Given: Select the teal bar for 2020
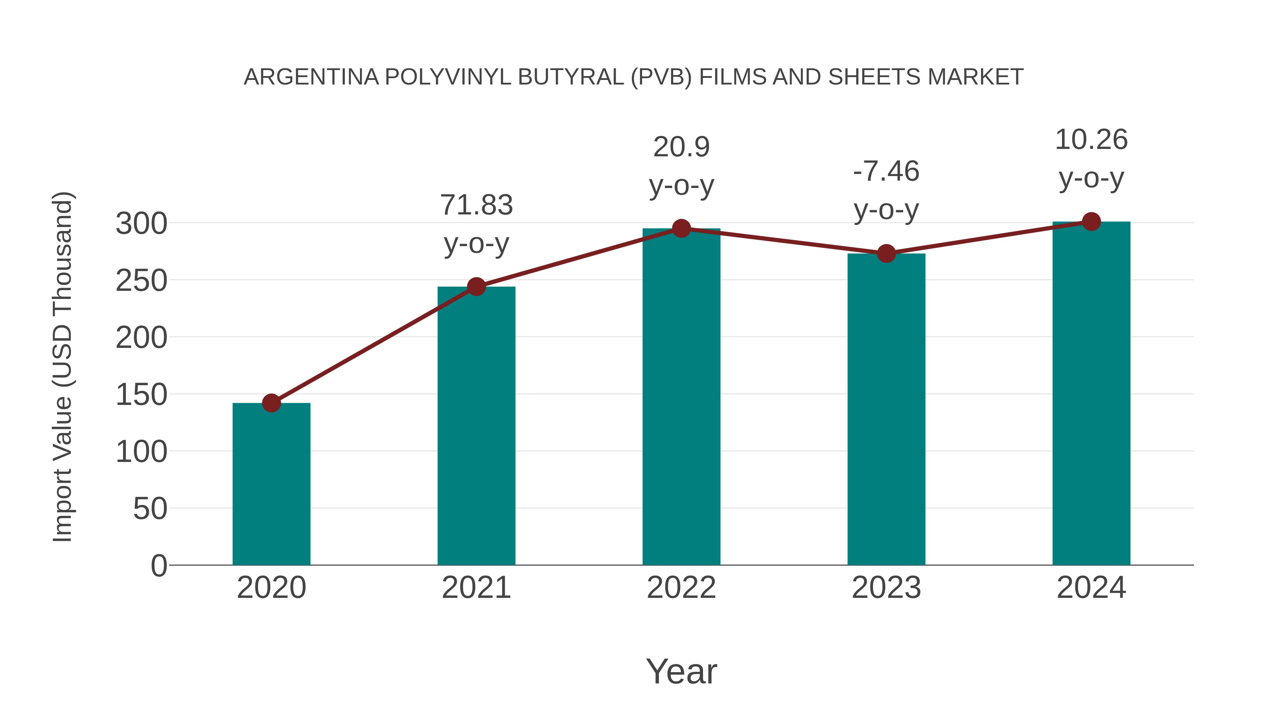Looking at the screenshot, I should coord(271,485).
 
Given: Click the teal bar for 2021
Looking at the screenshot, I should coord(476,426).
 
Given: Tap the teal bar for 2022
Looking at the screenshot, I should coord(681,396).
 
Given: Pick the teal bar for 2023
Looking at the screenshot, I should coord(886,409).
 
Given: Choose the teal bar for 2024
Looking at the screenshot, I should coord(1091,394).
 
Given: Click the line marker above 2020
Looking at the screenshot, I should coord(271,403).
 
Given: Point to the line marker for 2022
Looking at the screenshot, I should coord(681,228).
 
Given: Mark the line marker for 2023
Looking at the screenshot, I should coord(886,254).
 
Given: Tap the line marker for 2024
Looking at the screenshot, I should coord(1091,222).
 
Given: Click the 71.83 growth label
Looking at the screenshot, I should coord(476,205).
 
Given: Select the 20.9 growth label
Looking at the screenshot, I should coord(681,147).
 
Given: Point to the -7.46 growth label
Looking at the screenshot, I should coord(886,172).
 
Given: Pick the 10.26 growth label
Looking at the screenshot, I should coord(1091,140).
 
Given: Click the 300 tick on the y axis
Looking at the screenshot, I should coord(141,224).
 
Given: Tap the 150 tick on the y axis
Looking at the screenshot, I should coord(141,395).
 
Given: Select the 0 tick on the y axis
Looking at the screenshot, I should coord(158,565).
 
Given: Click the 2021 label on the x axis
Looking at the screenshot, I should coord(476,588).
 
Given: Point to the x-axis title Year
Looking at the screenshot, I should coord(681,672).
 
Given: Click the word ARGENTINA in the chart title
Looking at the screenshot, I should coord(311,77).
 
